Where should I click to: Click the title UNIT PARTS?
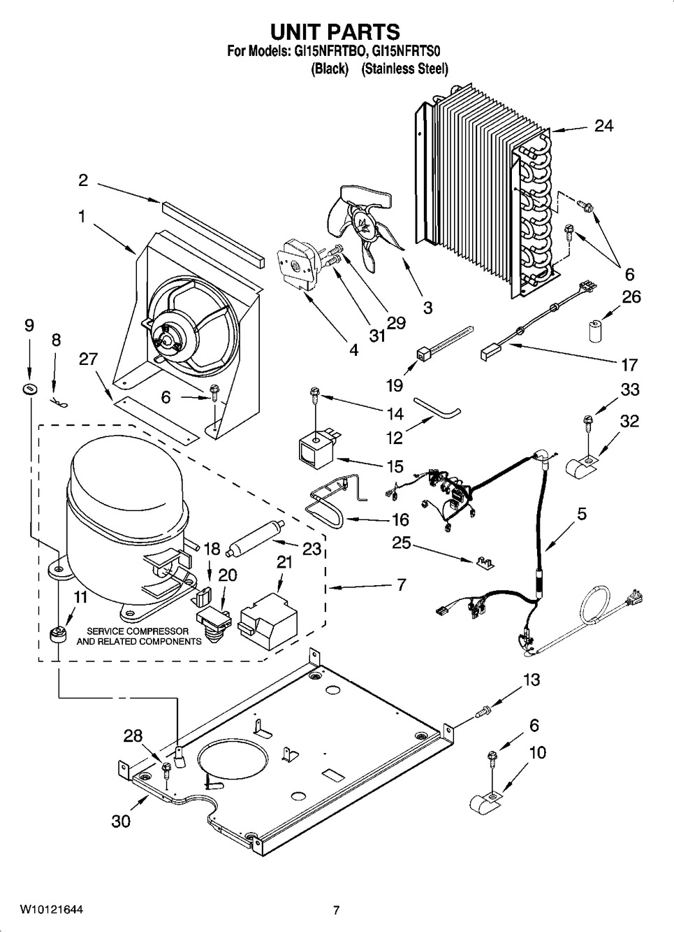click(335, 31)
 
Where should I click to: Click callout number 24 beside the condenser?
click(603, 126)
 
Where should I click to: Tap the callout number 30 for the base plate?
click(121, 821)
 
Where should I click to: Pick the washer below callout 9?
click(29, 388)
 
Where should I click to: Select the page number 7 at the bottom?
click(336, 910)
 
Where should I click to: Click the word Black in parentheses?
click(330, 69)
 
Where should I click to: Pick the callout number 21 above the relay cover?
click(284, 563)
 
